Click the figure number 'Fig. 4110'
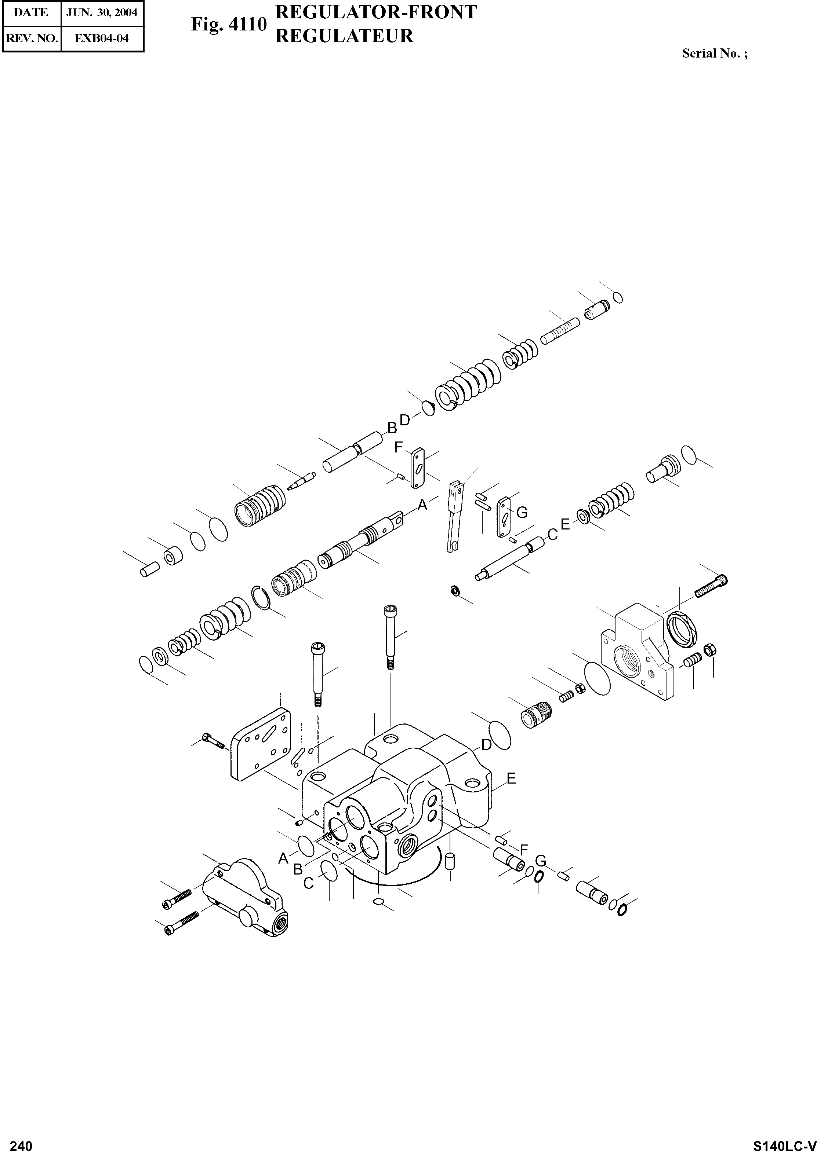[x=228, y=25]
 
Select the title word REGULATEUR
[x=345, y=36]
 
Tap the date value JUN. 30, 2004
[x=102, y=12]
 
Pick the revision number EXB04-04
[x=102, y=38]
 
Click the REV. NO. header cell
[x=31, y=38]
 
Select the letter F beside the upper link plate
[x=399, y=447]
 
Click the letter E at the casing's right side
[x=511, y=778]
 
